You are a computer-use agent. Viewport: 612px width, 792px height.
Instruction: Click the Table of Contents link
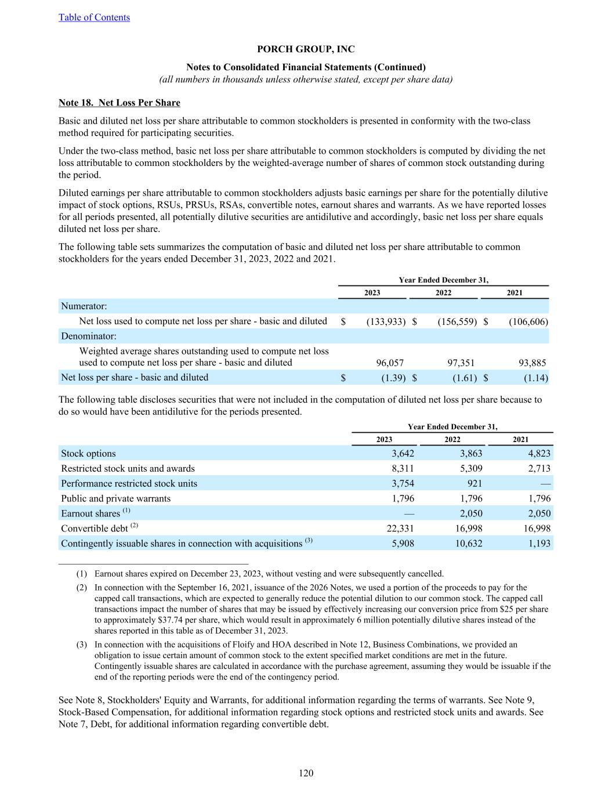pyautogui.click(x=94, y=17)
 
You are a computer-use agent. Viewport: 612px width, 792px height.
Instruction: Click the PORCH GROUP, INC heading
pyautogui.click(x=306, y=49)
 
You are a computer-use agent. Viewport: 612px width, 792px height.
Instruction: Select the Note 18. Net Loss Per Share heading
pyautogui.click(x=119, y=103)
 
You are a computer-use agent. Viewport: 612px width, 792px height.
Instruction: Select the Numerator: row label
pyautogui.click(x=84, y=306)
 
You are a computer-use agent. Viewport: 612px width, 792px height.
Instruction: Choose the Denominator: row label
pyautogui.click(x=89, y=336)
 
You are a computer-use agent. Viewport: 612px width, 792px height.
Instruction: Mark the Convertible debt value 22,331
pyautogui.click(x=400, y=529)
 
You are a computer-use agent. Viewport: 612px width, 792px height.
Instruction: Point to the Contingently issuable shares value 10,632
pyautogui.click(x=468, y=544)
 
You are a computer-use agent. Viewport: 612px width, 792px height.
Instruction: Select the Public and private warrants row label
pyautogui.click(x=116, y=498)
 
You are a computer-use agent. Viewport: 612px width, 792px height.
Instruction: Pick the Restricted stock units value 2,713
pyautogui.click(x=539, y=469)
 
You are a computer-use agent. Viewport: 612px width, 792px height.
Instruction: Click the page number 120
pyautogui.click(x=306, y=773)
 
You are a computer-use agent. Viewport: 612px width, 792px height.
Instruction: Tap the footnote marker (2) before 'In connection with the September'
pyautogui.click(x=82, y=588)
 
